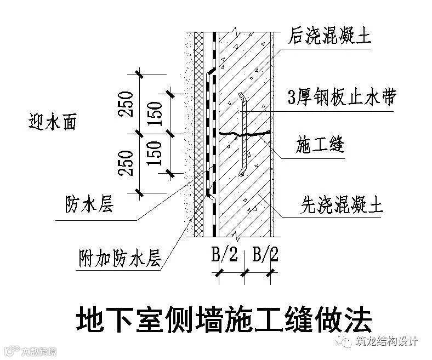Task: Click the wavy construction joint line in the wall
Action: click(x=245, y=133)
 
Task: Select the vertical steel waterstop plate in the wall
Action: click(x=242, y=134)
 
